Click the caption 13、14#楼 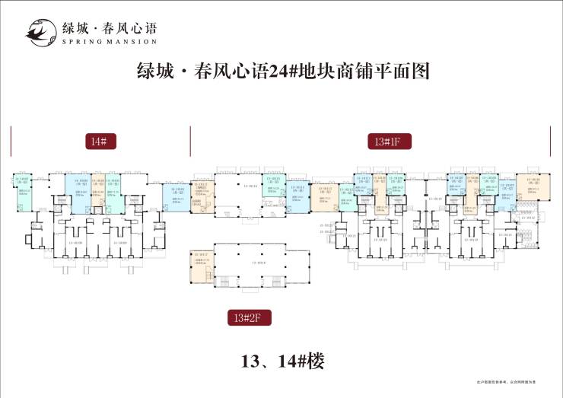point(281,361)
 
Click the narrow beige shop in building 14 point(98,190)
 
